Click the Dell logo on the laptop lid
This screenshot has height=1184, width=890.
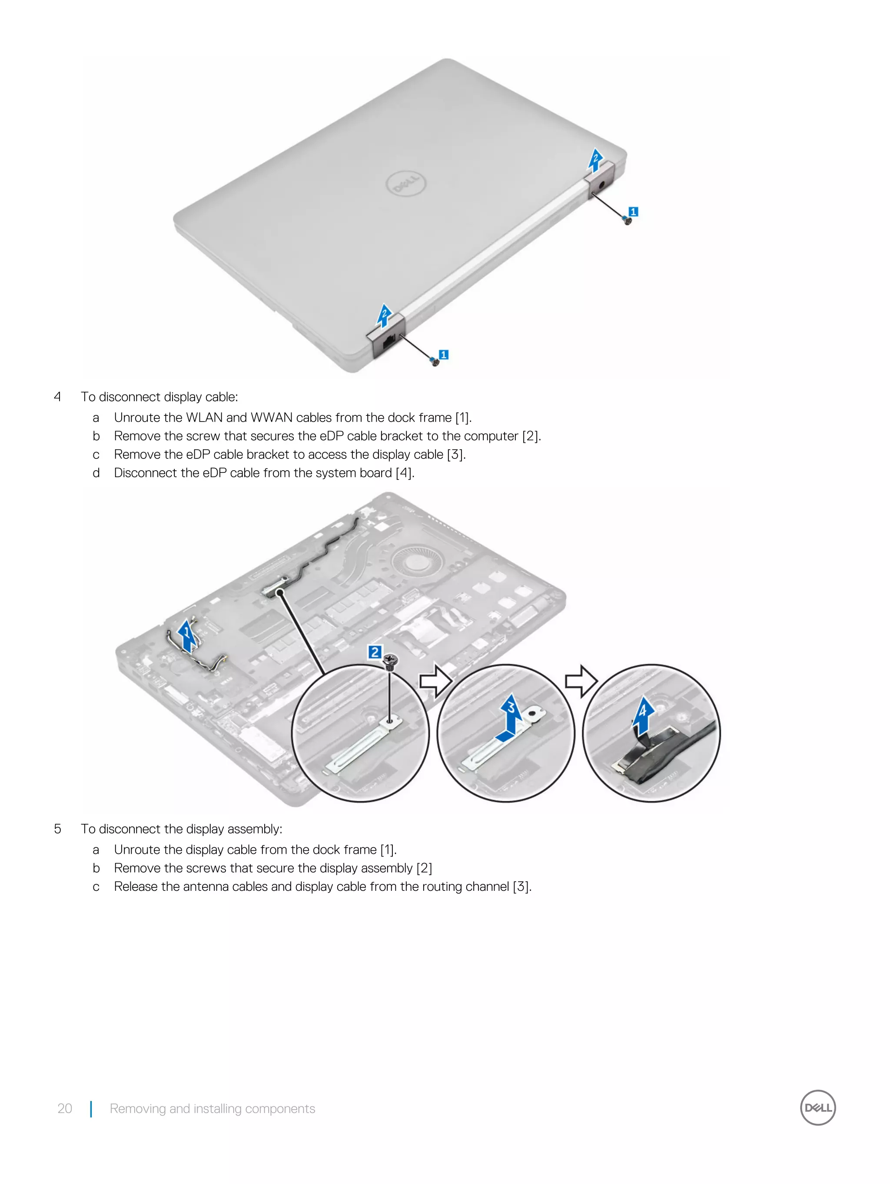[x=406, y=184]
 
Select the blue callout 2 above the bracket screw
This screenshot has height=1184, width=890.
[x=375, y=652]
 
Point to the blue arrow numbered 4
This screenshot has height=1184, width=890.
[x=642, y=715]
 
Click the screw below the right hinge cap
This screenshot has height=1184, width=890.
[x=628, y=220]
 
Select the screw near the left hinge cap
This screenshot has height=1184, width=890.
[x=435, y=362]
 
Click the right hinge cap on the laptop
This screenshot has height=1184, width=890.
[x=602, y=181]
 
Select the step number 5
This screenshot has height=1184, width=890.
[x=57, y=829]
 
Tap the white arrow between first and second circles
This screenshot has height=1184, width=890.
[x=434, y=681]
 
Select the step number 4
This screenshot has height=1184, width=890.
[x=57, y=397]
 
